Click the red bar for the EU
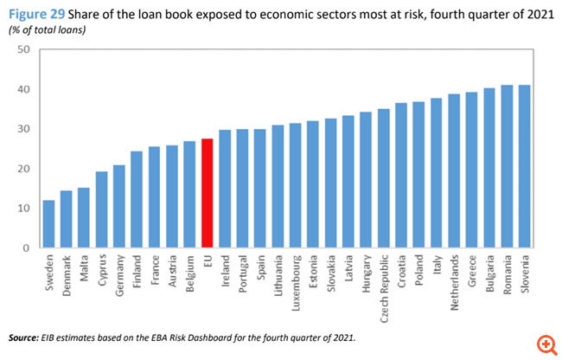click(207, 193)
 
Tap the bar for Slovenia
click(523, 166)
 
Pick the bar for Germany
click(118, 206)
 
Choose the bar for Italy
click(435, 173)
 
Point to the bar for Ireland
click(224, 189)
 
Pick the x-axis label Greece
click(471, 267)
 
